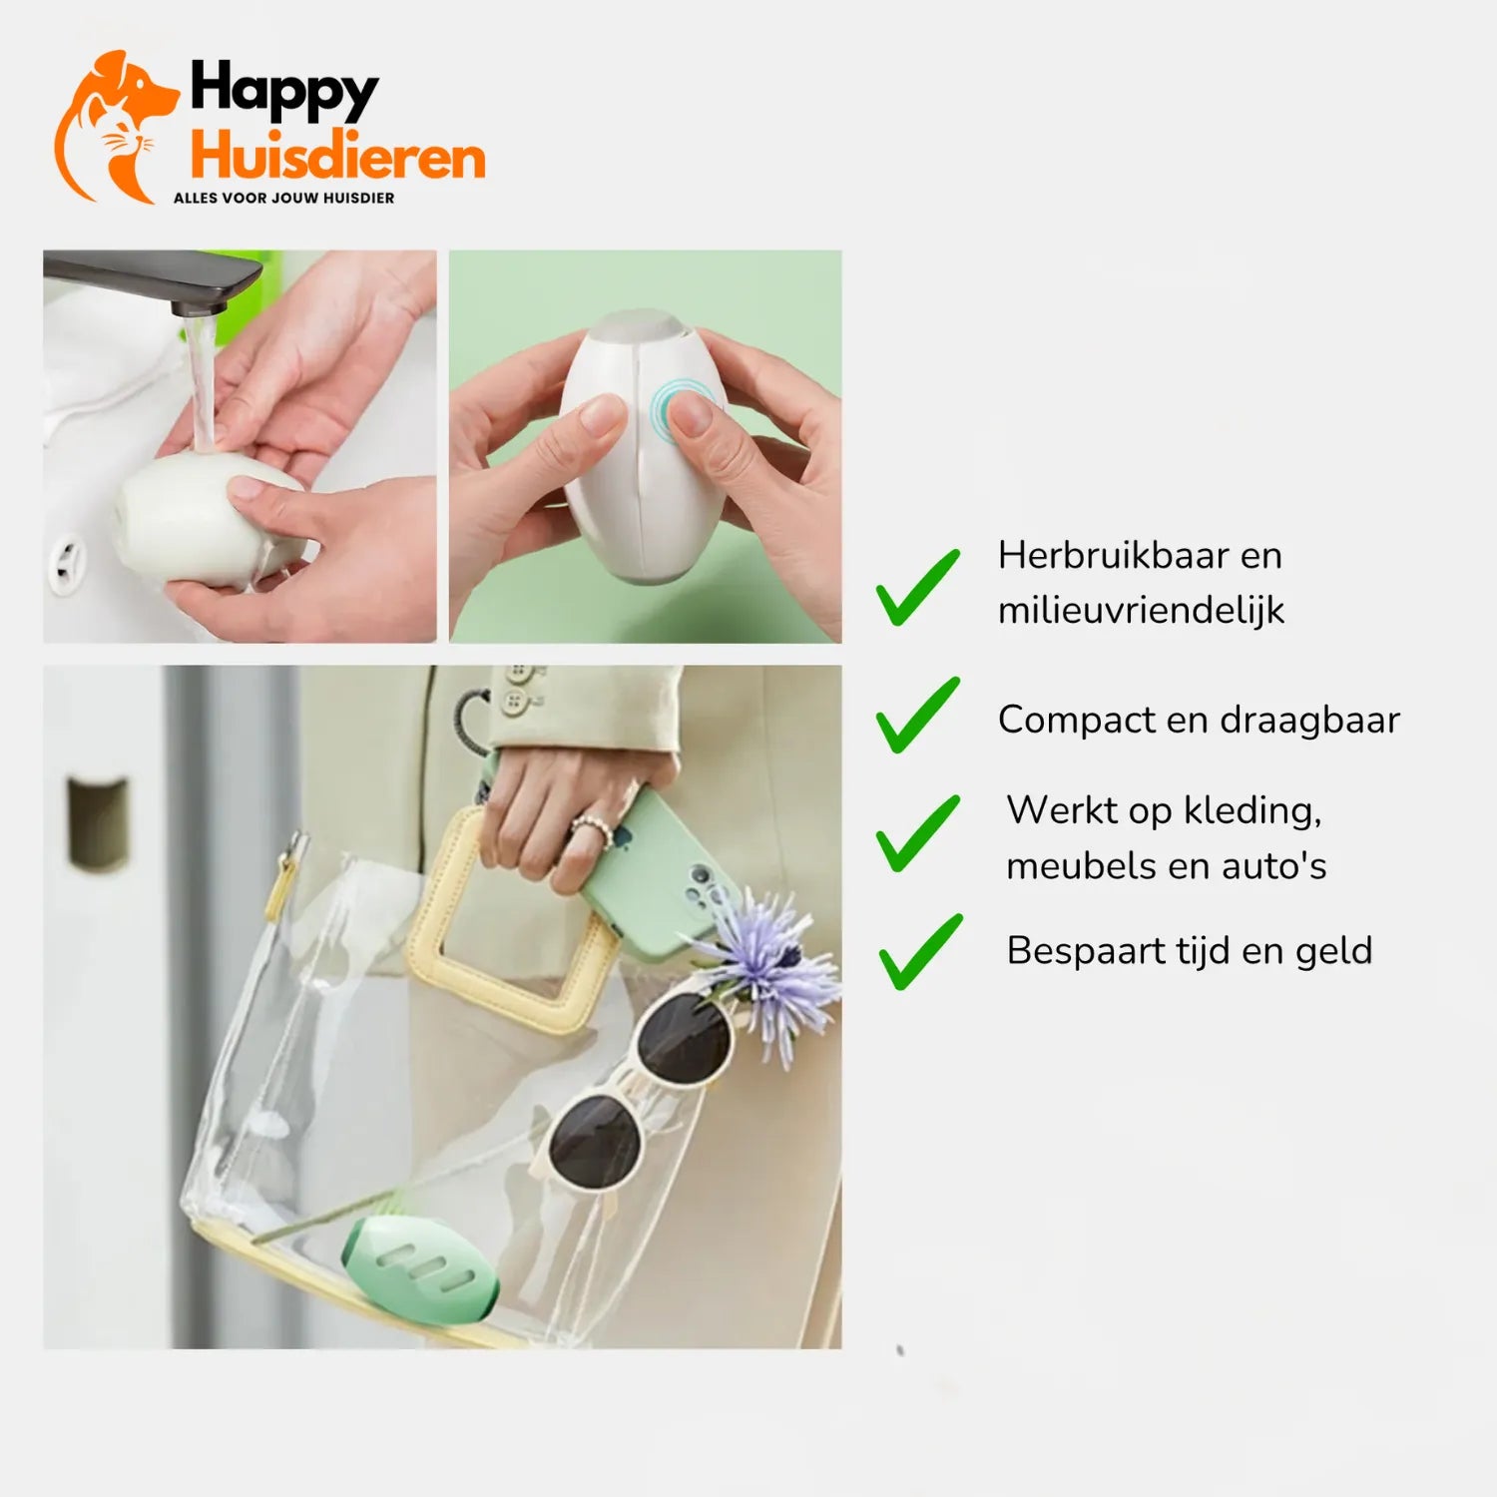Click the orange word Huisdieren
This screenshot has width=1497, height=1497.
pos(337,158)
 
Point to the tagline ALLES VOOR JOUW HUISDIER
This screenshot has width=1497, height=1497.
pos(283,198)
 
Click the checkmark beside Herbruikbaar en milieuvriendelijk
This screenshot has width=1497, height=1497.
pos(917,588)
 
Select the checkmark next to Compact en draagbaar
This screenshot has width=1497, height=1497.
pos(917,715)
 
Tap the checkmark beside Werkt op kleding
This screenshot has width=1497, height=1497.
pos(917,833)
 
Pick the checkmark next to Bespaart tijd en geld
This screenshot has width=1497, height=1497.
pos(920,952)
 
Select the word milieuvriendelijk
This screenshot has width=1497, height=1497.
pos(1141,610)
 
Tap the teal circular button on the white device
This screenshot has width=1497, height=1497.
pos(676,409)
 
